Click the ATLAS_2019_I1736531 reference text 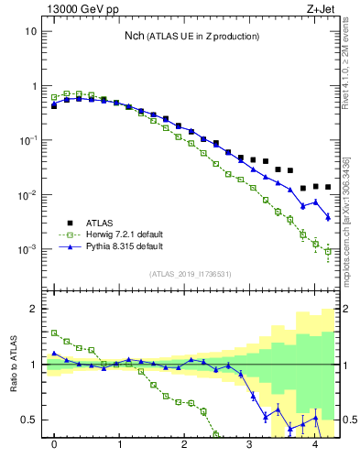pyautogui.click(x=191, y=275)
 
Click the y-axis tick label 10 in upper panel pyautogui.click(x=30, y=31)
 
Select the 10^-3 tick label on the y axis pyautogui.click(x=28, y=249)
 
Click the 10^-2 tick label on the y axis pyautogui.click(x=28, y=195)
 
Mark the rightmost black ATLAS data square pyautogui.click(x=327, y=187)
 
